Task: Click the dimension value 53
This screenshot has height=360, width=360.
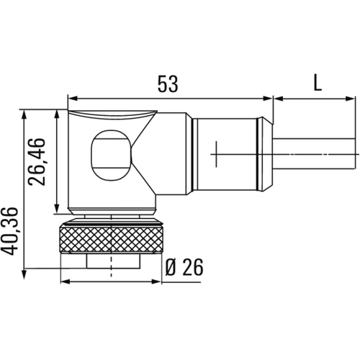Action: coord(168,84)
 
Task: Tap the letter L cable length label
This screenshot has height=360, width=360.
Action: coord(318,83)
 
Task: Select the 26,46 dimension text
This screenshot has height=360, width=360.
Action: coord(37,162)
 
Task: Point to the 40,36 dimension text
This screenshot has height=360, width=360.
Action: coord(9,231)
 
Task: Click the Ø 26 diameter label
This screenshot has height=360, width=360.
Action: coord(184,267)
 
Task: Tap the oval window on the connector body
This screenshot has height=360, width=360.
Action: coord(111,156)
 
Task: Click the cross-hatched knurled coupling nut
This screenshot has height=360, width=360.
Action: coord(111,240)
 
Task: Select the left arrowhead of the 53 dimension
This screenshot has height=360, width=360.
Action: coord(73,98)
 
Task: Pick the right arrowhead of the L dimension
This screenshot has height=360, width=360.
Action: coord(349,99)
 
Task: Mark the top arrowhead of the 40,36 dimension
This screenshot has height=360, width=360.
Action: coord(24,114)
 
